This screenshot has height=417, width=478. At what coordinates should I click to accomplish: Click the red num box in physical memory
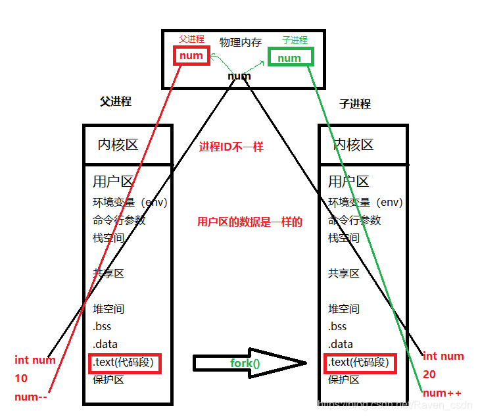191,56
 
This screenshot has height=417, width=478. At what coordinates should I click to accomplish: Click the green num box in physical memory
290,58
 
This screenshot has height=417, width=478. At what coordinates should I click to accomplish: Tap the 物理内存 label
240,42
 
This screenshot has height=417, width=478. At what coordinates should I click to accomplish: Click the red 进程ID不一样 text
231,147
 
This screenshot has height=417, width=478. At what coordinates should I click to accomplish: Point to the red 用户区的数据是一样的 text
250,222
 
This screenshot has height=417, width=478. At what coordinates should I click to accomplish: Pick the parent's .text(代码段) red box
124,362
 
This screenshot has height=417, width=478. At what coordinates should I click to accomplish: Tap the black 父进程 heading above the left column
116,101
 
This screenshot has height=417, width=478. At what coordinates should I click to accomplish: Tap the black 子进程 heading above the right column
355,104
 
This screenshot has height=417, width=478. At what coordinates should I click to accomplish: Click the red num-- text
31,397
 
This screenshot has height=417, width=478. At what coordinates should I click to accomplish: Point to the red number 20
430,374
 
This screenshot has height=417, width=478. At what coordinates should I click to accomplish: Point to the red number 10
22,378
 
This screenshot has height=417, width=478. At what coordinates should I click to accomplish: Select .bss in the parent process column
102,326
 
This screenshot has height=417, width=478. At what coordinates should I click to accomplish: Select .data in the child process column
341,344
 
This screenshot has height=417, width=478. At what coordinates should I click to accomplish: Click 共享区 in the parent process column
108,273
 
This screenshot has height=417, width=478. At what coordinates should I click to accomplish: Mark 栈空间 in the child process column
344,237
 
